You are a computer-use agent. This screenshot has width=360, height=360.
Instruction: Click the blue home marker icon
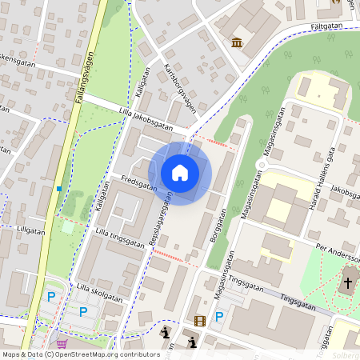click(180, 173)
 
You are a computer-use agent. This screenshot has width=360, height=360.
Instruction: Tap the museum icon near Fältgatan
click(237, 42)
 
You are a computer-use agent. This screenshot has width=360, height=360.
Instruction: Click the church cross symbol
click(348, 283)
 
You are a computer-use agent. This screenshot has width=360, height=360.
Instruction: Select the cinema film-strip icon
click(199, 321)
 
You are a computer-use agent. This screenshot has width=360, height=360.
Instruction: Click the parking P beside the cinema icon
click(218, 318)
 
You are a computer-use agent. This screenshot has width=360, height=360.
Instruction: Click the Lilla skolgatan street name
click(99, 292)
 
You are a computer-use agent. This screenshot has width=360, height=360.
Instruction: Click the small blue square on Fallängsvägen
click(58, 190)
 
